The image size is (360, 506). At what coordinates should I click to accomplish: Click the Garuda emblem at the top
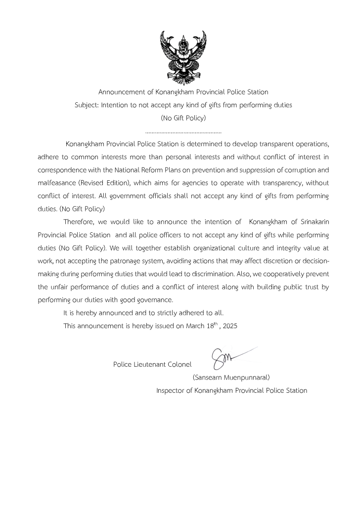(183, 58)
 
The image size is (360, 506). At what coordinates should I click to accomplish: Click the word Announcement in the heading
(122, 92)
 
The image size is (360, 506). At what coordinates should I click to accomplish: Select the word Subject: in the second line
(87, 105)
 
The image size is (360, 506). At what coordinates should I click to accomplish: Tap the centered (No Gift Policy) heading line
(183, 118)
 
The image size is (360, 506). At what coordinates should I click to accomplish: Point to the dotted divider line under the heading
(183, 132)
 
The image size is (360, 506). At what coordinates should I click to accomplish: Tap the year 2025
(230, 325)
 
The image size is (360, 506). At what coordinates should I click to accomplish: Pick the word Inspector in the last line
(170, 390)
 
